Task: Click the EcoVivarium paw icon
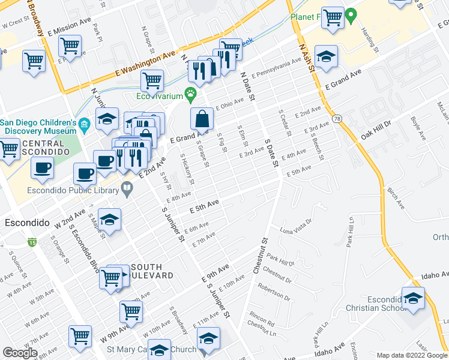(191, 93)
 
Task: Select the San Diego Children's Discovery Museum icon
(85, 124)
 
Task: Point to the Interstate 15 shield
(31, 242)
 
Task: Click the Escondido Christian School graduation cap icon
(413, 298)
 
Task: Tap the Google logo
(20, 353)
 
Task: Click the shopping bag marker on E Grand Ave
(202, 119)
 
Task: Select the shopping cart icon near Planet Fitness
(332, 17)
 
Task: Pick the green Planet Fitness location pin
(352, 14)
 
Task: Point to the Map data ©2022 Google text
(412, 355)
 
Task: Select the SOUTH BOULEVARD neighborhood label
(151, 271)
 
